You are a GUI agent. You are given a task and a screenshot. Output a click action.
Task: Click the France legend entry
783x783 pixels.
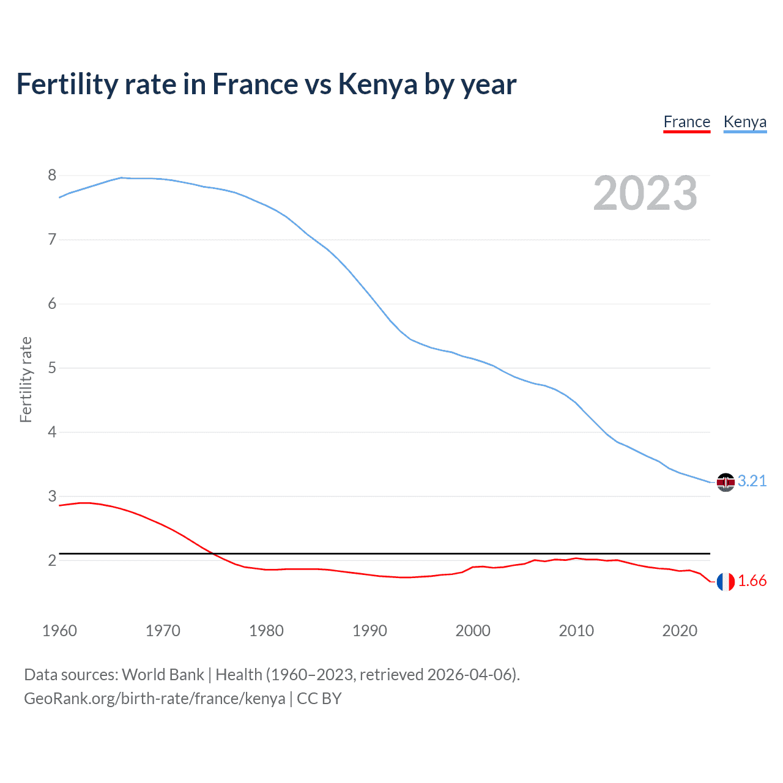click(x=686, y=122)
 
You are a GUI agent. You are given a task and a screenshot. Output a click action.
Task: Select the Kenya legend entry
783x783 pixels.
click(x=744, y=122)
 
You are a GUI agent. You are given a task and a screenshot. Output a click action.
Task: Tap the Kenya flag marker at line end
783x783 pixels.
click(x=725, y=482)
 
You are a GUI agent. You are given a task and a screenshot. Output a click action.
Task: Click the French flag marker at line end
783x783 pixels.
click(x=725, y=582)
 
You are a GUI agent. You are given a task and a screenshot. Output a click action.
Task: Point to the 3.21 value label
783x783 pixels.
click(x=752, y=481)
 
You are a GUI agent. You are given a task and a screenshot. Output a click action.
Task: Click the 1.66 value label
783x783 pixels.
click(x=752, y=581)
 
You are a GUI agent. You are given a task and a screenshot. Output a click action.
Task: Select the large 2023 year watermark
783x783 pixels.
click(x=645, y=194)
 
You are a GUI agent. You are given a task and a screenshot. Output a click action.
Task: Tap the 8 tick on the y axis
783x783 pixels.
click(x=52, y=176)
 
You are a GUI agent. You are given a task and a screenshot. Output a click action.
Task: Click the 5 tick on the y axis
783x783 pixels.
click(x=52, y=368)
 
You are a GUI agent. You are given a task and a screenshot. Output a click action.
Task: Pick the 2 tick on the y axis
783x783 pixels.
click(x=52, y=560)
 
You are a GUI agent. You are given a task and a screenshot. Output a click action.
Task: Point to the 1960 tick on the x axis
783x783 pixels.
click(x=59, y=631)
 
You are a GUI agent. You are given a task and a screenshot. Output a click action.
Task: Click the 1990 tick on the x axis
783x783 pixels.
click(x=369, y=631)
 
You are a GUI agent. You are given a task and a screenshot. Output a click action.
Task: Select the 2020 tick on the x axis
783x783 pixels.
click(x=680, y=631)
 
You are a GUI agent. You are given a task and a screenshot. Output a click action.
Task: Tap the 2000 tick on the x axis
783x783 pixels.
click(x=473, y=631)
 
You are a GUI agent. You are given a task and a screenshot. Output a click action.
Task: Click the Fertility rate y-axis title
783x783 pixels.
click(x=26, y=379)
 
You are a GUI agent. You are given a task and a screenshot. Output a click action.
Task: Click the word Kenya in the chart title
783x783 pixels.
click(x=377, y=84)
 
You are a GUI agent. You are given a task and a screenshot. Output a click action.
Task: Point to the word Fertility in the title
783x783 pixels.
click(x=67, y=84)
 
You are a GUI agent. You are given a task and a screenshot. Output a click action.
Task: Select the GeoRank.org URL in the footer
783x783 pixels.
click(x=154, y=699)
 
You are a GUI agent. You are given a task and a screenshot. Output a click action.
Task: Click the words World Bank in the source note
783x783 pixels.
click(x=163, y=675)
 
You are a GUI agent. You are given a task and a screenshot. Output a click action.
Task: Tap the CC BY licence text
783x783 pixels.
click(x=319, y=699)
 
